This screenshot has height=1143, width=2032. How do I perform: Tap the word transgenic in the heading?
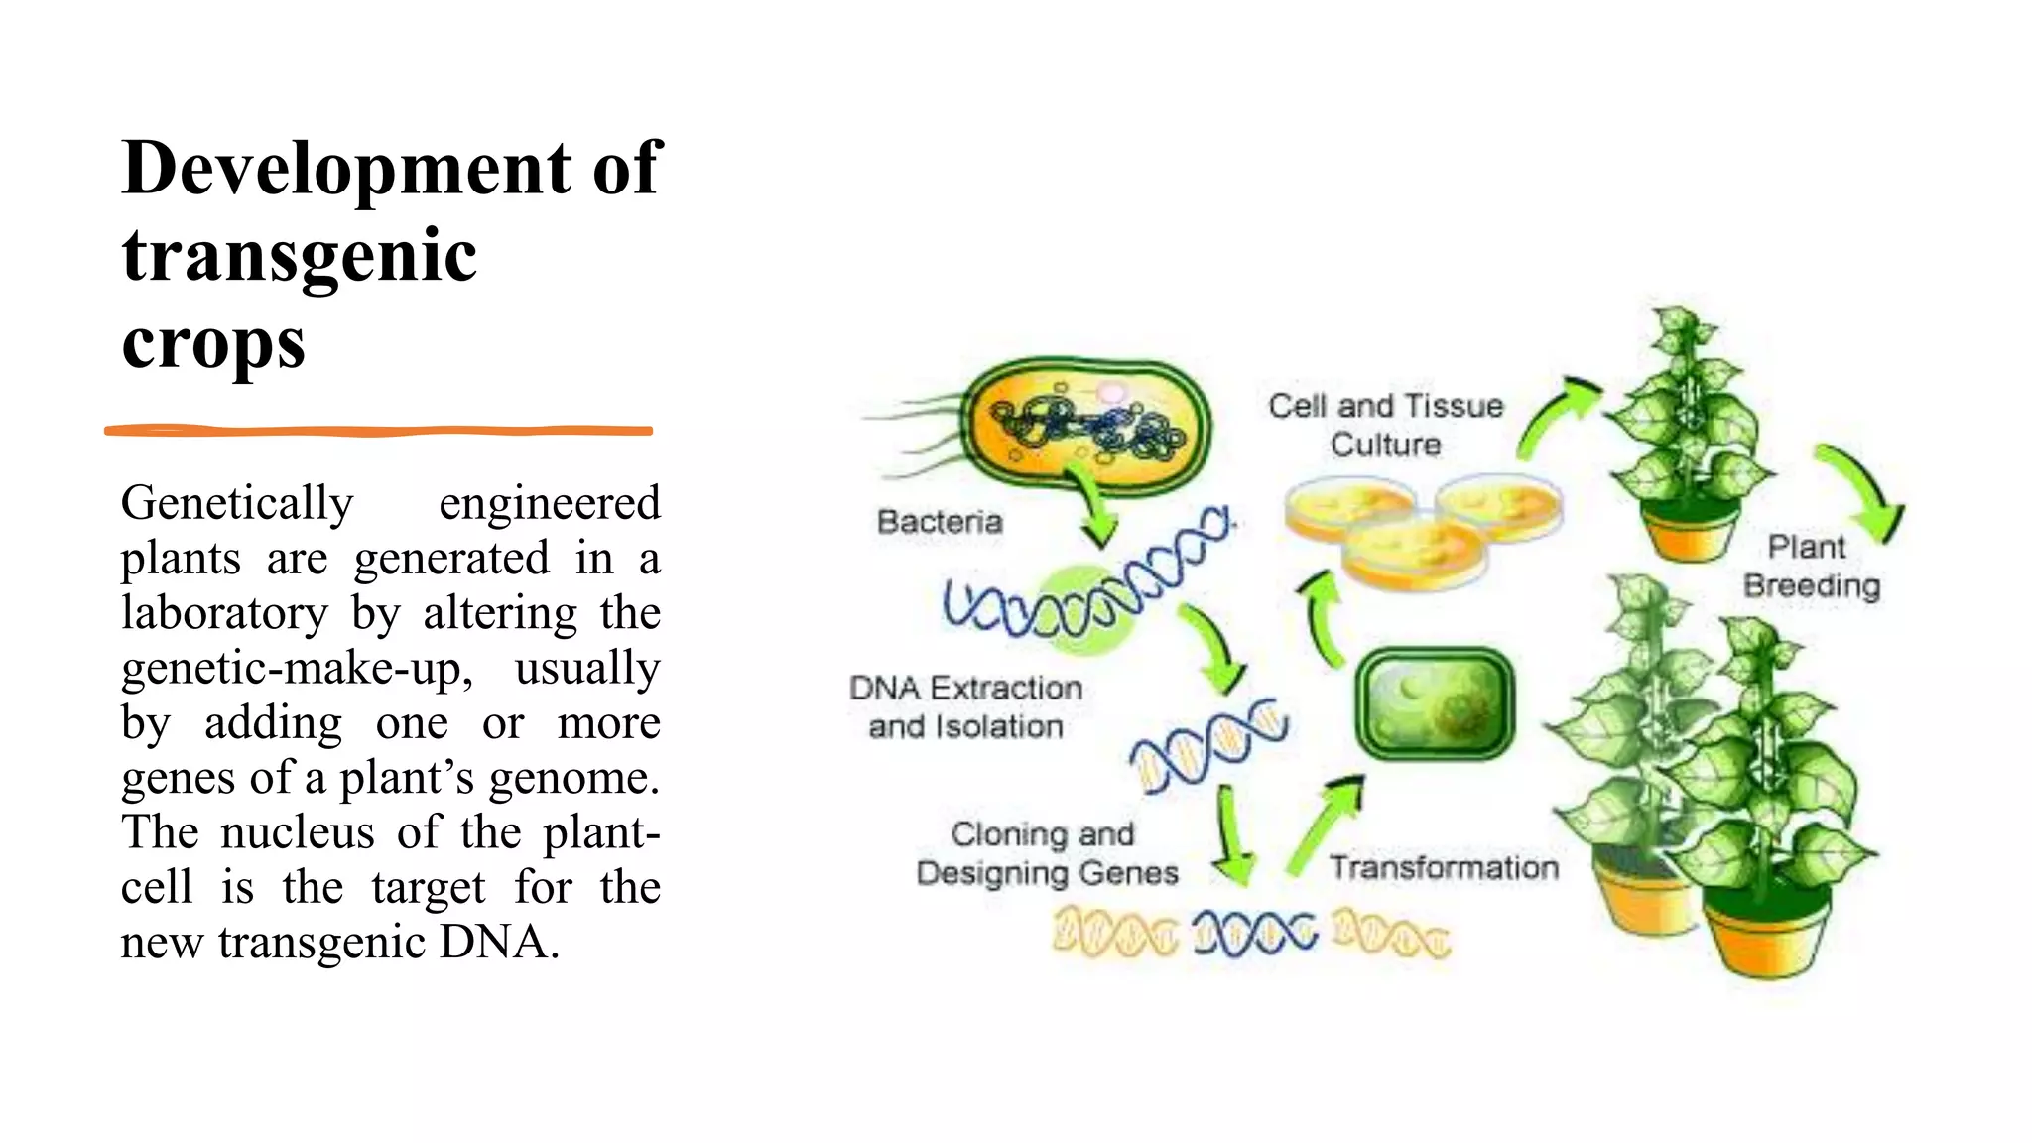tap(300, 256)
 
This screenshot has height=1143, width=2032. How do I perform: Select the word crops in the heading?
tap(213, 343)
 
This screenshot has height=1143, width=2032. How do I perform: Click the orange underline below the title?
tap(378, 431)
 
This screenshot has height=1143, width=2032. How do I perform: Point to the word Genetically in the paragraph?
tap(237, 503)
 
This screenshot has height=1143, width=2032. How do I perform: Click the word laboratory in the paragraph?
tap(224, 613)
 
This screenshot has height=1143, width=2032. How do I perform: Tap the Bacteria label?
tap(940, 522)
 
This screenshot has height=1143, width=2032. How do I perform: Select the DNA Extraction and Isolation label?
tap(965, 706)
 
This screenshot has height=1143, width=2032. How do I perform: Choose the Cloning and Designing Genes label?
tap(1046, 853)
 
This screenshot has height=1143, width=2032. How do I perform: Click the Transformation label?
tap(1444, 868)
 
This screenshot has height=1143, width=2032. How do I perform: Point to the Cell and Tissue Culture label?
tap(1385, 425)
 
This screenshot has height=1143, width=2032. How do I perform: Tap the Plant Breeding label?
tap(1811, 567)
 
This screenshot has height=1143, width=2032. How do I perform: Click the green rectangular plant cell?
tap(1435, 704)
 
